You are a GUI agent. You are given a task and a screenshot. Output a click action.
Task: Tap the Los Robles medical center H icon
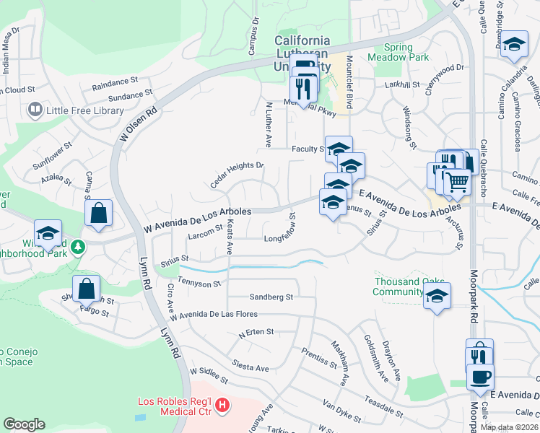(x=223, y=407)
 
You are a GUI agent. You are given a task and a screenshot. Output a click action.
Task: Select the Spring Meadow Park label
(x=399, y=51)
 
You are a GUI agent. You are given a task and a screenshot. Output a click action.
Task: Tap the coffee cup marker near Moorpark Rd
(x=480, y=377)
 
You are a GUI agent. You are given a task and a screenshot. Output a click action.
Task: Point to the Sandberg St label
(x=271, y=297)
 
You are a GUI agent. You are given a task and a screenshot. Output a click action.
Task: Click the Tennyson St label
(x=199, y=284)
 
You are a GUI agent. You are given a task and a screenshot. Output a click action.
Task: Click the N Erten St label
(x=256, y=333)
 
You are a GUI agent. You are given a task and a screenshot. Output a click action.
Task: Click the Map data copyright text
(x=510, y=427)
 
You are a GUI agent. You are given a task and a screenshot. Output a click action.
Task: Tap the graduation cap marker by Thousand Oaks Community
(x=437, y=296)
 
